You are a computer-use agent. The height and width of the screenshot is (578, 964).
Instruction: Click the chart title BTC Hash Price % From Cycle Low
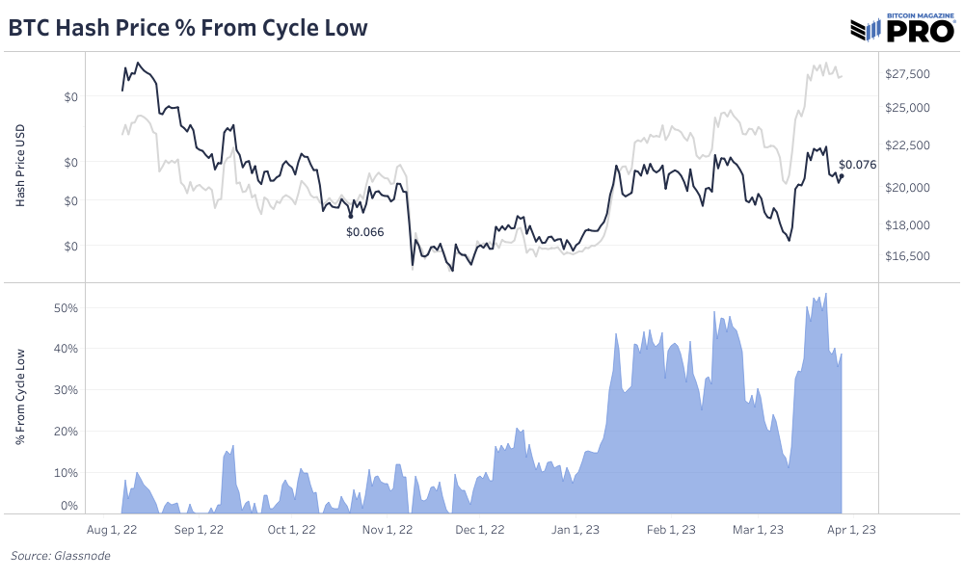(x=188, y=28)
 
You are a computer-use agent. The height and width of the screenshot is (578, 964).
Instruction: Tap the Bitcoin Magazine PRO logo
(x=900, y=28)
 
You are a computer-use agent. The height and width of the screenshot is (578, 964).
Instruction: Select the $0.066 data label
(x=365, y=231)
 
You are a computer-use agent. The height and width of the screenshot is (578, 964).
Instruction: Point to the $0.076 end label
(x=857, y=165)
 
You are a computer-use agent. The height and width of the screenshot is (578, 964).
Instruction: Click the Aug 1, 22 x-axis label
(x=113, y=529)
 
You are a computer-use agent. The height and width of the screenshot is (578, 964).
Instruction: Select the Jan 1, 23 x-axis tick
(x=576, y=529)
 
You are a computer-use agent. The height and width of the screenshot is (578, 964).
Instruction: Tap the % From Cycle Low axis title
(x=20, y=397)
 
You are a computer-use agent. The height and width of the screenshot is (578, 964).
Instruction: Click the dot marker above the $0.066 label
(x=350, y=217)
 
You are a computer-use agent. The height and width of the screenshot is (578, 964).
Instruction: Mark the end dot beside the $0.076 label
(x=842, y=175)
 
